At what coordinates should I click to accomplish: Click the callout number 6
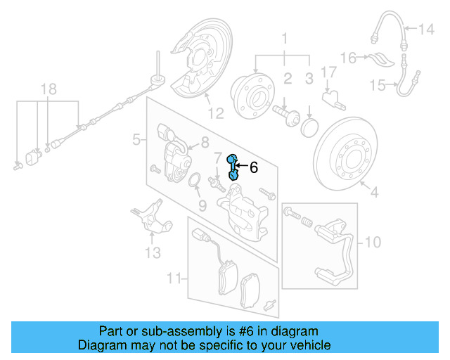[x=254, y=167]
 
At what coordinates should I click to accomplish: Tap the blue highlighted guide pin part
[x=234, y=169]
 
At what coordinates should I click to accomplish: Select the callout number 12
[x=214, y=112]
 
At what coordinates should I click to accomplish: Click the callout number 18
[x=47, y=89]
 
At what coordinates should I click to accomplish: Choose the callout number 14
[x=427, y=30]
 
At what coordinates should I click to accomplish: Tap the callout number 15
[x=378, y=85]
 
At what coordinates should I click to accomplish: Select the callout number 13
[x=153, y=252]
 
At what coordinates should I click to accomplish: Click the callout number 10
[x=373, y=243]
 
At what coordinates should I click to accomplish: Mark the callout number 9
[x=202, y=206]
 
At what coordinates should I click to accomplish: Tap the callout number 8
[x=205, y=143]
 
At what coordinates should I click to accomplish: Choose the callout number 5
[x=136, y=141]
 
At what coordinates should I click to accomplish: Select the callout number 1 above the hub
[x=285, y=37]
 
